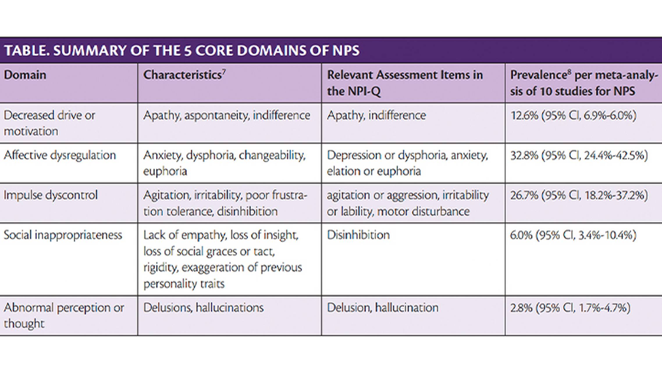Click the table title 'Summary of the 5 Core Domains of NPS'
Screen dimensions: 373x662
click(x=182, y=50)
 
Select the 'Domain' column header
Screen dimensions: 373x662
click(x=25, y=75)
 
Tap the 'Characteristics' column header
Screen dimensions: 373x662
click(x=183, y=75)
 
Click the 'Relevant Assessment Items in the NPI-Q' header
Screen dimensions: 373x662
click(x=405, y=83)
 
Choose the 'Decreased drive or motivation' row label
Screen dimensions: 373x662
click(x=49, y=123)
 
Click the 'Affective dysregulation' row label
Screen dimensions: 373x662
click(x=60, y=155)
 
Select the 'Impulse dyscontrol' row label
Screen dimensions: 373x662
click(x=51, y=195)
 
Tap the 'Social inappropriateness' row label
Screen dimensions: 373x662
click(x=63, y=235)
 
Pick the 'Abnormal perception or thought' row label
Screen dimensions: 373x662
click(x=64, y=315)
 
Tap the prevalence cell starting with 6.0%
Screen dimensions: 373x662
click(x=573, y=235)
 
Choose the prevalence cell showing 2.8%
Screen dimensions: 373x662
click(x=570, y=308)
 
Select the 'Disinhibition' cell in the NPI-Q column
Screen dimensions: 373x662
click(x=358, y=235)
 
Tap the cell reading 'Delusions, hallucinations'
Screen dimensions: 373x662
click(x=203, y=308)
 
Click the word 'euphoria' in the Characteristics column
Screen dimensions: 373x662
click(x=165, y=171)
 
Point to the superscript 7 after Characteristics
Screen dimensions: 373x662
click(x=224, y=71)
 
